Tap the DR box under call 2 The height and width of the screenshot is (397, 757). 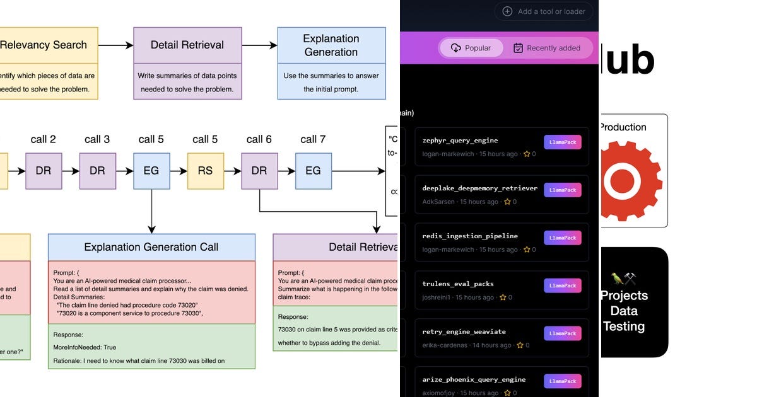[44, 171]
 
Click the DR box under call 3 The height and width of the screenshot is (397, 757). [97, 171]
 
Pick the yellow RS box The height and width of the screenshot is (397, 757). [205, 171]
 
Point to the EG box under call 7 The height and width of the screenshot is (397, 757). [313, 171]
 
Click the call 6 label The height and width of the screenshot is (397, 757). [259, 139]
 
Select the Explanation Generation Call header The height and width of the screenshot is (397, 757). [151, 247]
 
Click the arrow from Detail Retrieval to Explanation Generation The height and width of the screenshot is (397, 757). [259, 45]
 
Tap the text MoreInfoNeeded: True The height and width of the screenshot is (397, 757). [85, 347]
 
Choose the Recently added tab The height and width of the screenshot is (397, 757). [546, 48]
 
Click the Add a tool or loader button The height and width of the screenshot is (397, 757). [544, 11]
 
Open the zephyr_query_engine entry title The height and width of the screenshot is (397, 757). [460, 141]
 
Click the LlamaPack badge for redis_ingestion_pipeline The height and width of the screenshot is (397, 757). [562, 238]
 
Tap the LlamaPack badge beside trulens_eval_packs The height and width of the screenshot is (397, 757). [562, 285]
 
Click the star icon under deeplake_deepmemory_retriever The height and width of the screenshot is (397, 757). [507, 202]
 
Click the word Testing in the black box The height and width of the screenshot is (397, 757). [624, 326]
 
